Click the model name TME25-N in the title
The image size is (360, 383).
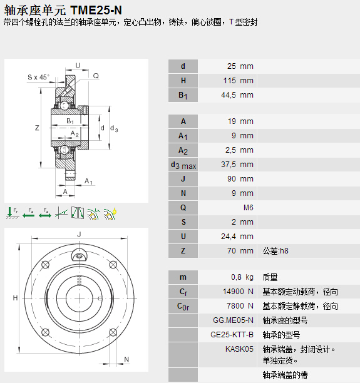click(x=96, y=10)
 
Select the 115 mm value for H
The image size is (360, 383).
click(x=239, y=81)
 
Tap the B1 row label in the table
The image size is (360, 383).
click(x=183, y=95)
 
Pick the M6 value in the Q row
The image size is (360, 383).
click(x=249, y=208)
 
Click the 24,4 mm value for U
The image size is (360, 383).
click(x=237, y=237)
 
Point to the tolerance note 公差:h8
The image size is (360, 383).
click(x=275, y=251)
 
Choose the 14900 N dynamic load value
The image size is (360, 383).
click(x=238, y=292)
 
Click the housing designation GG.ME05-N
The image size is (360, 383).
click(x=233, y=320)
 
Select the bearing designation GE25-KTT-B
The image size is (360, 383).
click(x=232, y=335)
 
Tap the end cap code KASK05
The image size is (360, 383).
click(x=239, y=349)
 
